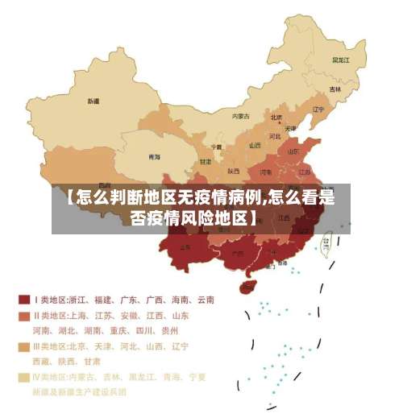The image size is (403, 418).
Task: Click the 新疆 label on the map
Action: (x=94, y=101)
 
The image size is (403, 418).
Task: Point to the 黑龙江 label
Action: (x=341, y=60)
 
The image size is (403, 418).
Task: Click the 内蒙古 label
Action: (x=241, y=116)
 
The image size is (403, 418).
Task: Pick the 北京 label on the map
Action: (x=276, y=118)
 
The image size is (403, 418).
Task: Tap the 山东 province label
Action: (x=293, y=150)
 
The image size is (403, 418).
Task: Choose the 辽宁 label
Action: (x=318, y=110)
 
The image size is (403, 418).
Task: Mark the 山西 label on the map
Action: (x=256, y=146)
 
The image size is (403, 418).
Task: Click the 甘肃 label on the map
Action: (x=206, y=161)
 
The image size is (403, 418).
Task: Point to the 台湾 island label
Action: (x=326, y=241)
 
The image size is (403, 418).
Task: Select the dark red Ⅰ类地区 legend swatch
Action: (x=24, y=300)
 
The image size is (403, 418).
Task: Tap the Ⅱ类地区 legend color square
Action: (x=24, y=316)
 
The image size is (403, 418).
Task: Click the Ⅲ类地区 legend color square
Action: (x=24, y=347)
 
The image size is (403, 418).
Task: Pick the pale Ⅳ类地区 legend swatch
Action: (x=24, y=377)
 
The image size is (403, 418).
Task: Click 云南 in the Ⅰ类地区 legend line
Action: (x=204, y=300)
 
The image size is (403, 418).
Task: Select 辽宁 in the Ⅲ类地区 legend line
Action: (x=178, y=346)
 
